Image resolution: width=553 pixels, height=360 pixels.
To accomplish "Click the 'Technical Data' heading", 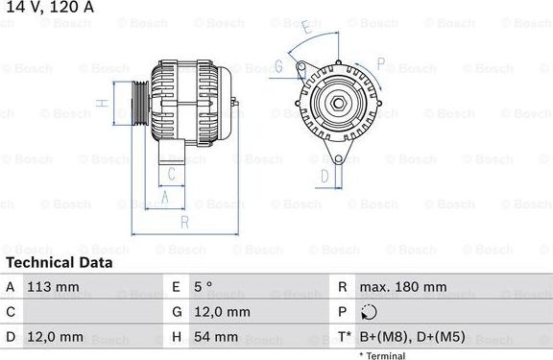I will pos(58,262).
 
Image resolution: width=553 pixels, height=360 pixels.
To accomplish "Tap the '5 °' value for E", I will pos(204,287).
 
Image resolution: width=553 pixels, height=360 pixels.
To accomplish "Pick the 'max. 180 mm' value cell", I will pos(402,287).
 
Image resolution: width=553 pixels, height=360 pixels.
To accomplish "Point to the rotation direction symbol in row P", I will pos(369,313).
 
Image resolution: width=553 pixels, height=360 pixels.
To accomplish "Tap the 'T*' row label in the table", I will pos(343,338).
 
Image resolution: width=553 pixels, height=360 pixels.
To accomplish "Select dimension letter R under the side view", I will pos(183,223).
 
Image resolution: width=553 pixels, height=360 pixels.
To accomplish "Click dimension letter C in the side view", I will pos(170,174).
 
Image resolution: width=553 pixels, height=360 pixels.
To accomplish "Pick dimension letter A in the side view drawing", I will pos(164,197).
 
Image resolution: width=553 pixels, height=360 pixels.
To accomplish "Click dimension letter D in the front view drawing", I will pos(325,176).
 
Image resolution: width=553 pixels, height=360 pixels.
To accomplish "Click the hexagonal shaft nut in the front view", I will pos(338,104).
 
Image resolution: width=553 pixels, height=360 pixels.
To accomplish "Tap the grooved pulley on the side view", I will pos(136,101).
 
